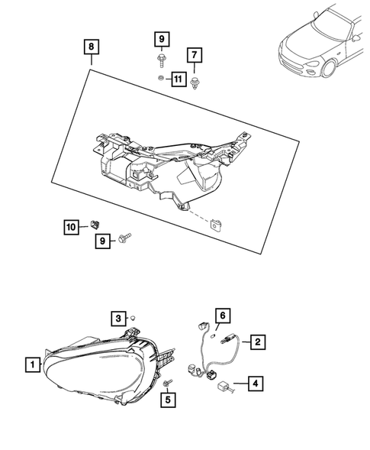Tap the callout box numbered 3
(117, 319)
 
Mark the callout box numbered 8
(91, 47)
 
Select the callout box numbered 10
(71, 226)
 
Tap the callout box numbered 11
(177, 79)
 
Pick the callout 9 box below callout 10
(101, 241)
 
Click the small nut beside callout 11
(159, 78)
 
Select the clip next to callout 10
(94, 224)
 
